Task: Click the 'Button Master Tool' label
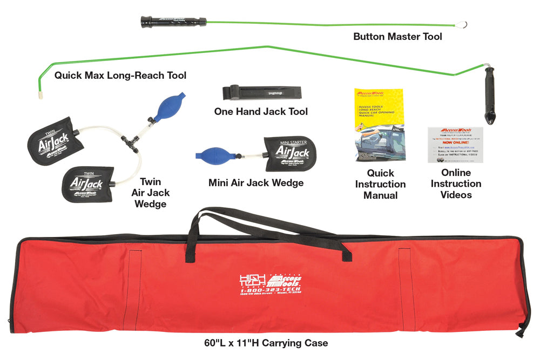(x=397, y=37)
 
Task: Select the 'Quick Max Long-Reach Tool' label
(x=120, y=76)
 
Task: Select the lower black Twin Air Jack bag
(x=87, y=185)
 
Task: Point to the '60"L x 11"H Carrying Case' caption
(x=266, y=343)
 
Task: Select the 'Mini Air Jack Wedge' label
(x=255, y=182)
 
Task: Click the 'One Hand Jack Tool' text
(x=261, y=111)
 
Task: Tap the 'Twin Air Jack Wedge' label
(x=151, y=193)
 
